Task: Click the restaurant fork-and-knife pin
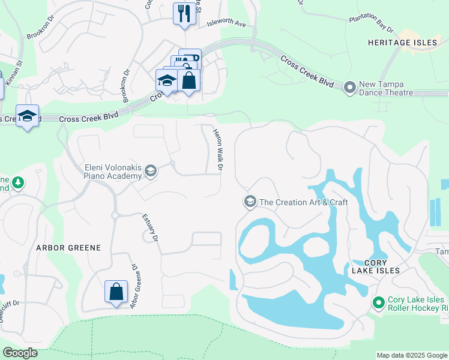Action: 183,13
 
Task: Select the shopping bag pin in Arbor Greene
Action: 116,292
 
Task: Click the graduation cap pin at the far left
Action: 27,116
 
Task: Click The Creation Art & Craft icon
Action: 249,202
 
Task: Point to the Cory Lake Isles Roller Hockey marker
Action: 378,304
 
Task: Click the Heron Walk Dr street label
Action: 218,149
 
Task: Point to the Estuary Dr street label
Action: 150,228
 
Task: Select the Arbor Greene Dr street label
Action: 134,287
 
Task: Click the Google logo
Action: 20,353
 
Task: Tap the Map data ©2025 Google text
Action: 412,355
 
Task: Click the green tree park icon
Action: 18,183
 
